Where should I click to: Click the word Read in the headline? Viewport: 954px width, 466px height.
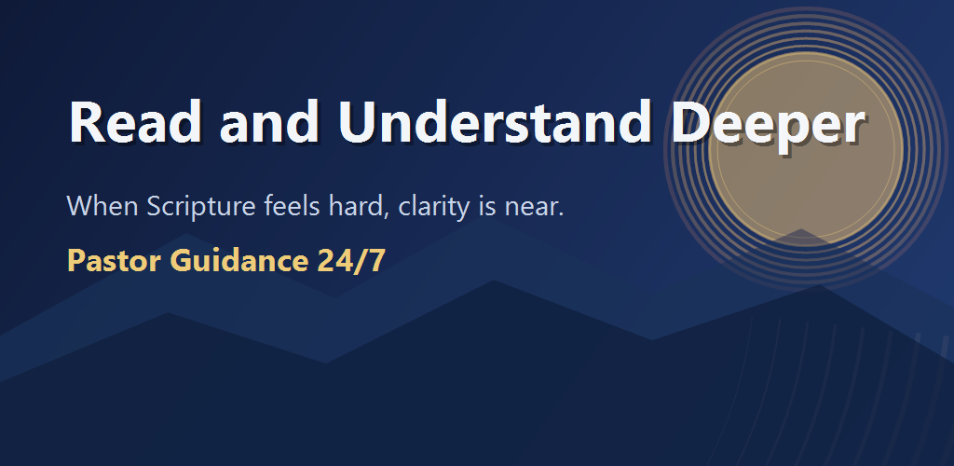click(136, 122)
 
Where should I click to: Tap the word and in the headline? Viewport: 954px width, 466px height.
click(269, 122)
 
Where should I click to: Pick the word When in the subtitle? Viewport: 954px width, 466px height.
click(102, 206)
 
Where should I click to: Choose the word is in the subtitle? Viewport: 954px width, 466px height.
click(487, 207)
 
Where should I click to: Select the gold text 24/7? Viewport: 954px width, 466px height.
click(351, 261)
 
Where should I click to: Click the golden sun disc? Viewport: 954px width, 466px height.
click(806, 150)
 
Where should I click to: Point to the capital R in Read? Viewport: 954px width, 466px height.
click(89, 122)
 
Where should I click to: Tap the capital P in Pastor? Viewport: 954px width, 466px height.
click(76, 261)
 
